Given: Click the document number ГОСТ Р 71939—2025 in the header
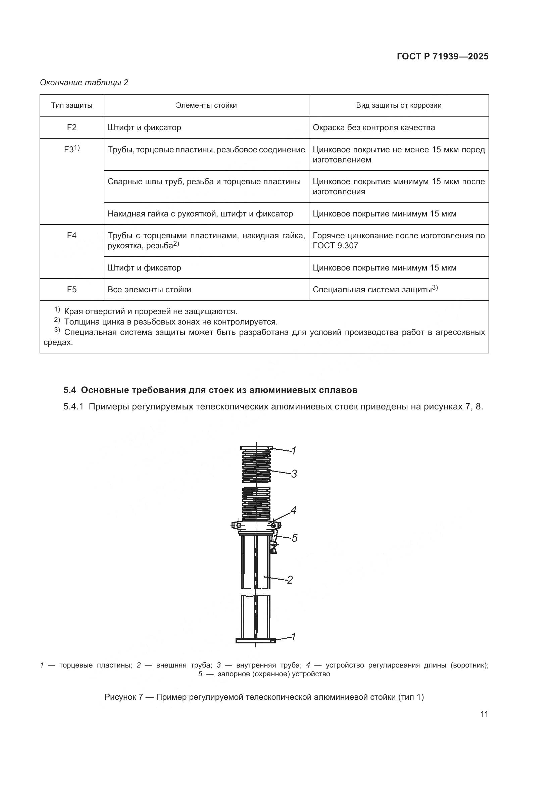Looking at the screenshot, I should point(443,57).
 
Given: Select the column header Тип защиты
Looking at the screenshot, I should point(72,105).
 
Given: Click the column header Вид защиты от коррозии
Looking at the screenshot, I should point(399,105).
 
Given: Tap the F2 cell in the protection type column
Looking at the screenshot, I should point(72,128).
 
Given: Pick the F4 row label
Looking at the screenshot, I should point(72,236).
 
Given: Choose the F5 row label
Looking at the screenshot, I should point(72,290).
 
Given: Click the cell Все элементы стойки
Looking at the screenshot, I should point(149,290).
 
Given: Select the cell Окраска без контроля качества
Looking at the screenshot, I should point(373,128).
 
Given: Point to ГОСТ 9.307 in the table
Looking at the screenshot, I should point(335,246).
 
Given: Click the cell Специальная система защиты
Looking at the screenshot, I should point(372,290).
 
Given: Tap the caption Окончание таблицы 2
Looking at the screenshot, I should point(84,83).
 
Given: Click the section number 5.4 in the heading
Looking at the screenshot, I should point(70,390).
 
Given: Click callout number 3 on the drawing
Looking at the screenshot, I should point(294,474).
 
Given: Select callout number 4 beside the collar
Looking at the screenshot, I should point(293,510).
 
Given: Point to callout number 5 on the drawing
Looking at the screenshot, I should point(294,538).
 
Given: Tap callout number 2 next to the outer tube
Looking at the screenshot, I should point(290,580).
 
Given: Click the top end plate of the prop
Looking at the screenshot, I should point(256,448).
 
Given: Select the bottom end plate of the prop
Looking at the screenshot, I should point(256,641).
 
